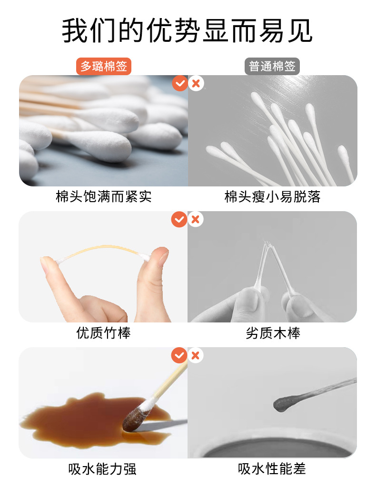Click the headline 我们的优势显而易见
tap(188, 31)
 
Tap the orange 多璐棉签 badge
tap(104, 67)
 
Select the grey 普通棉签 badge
tap(272, 67)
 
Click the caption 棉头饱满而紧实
tap(104, 197)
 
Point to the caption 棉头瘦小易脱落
tap(272, 197)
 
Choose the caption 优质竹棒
tap(104, 333)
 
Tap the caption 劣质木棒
tap(272, 333)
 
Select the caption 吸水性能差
tap(272, 469)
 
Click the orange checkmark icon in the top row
tap(179, 83)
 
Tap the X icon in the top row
tap(196, 83)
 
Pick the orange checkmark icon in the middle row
tap(179, 219)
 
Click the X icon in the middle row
tap(196, 219)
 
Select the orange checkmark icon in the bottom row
tap(179, 355)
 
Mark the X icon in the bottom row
tap(196, 355)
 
